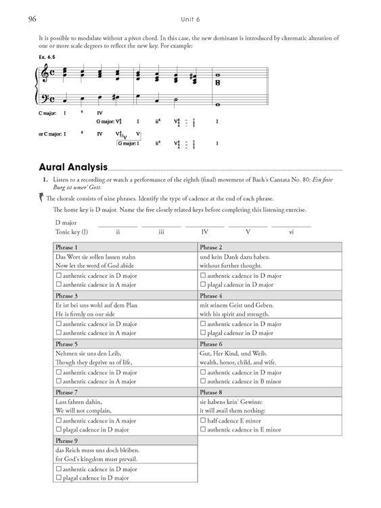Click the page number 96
pos(31,19)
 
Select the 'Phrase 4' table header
pos(211,296)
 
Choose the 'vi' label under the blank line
pos(291,232)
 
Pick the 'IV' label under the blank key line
pos(204,232)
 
